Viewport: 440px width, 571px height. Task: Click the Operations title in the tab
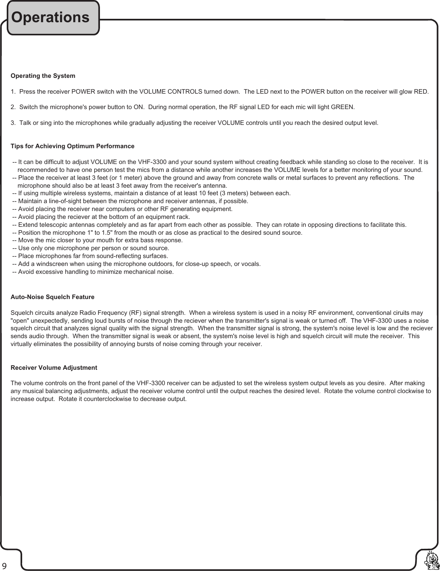(x=50, y=17)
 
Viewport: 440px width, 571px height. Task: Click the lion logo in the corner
(x=431, y=560)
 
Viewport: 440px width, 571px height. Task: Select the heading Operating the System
(x=43, y=76)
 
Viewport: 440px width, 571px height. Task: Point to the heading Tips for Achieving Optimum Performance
(x=73, y=146)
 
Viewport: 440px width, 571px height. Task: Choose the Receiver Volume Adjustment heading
(x=54, y=368)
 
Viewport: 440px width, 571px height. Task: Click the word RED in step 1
(x=420, y=92)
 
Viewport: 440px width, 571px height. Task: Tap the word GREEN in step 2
(x=342, y=107)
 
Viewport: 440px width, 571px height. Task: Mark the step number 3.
(x=13, y=123)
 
